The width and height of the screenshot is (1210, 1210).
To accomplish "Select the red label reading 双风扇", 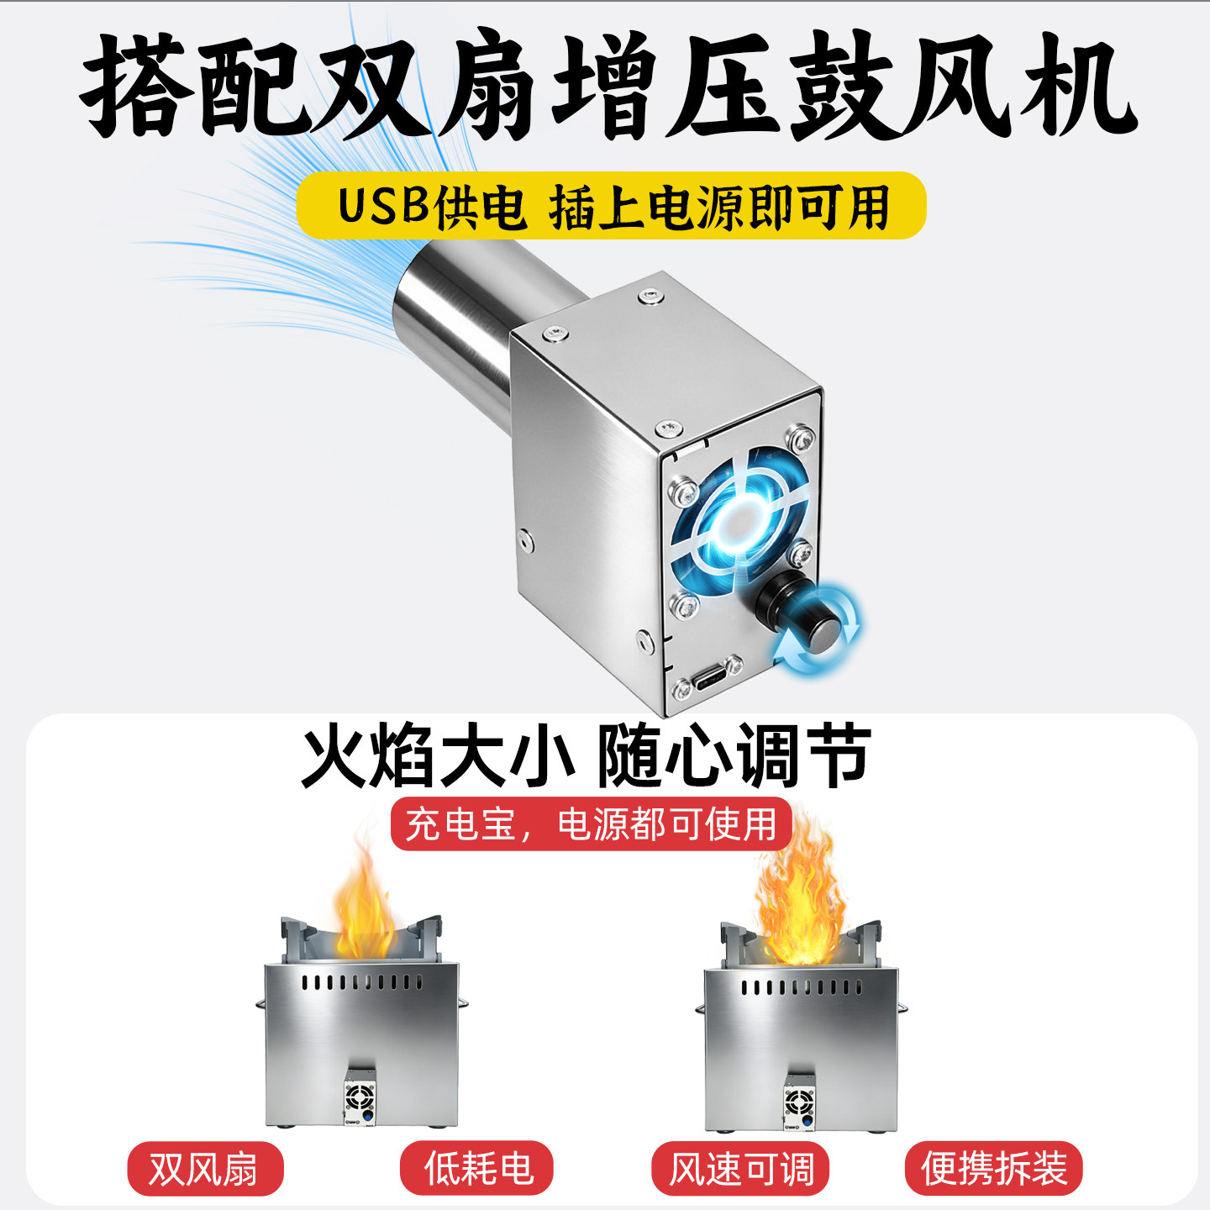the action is [x=205, y=1168].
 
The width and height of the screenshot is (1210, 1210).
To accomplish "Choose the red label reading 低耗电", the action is [x=477, y=1168].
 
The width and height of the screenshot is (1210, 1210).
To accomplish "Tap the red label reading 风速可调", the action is [x=740, y=1168].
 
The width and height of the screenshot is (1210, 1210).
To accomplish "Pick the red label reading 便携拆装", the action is [x=993, y=1168].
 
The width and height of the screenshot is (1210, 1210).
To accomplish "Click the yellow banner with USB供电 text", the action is [x=611, y=205].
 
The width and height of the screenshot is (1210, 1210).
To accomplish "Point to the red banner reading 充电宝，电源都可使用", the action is [x=591, y=823].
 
